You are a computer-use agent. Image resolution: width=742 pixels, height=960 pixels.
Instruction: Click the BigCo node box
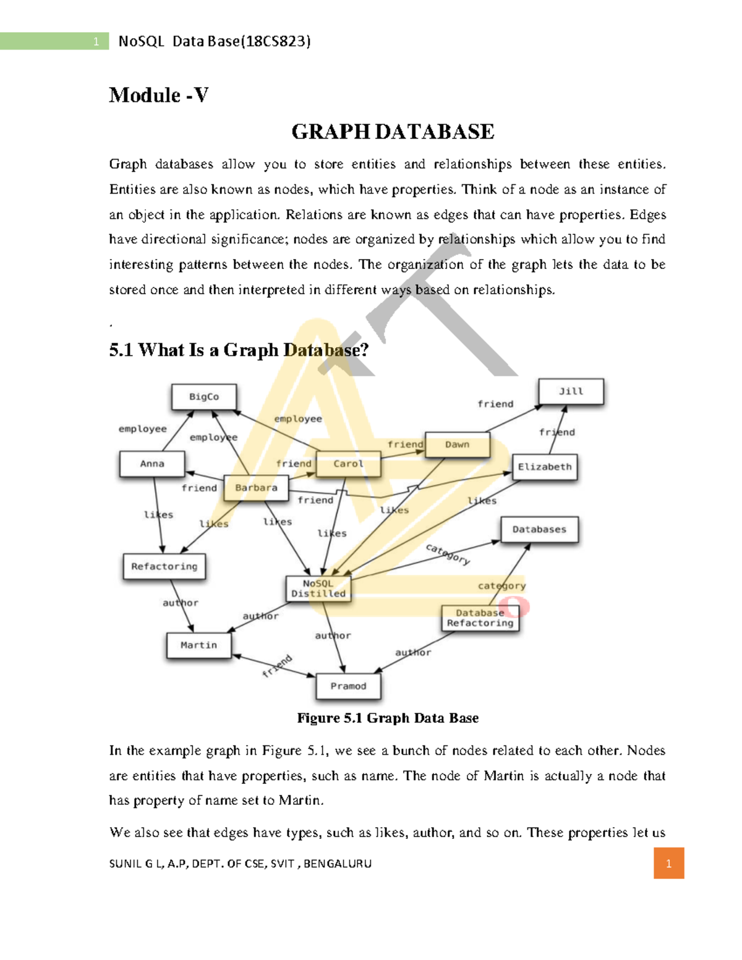point(203,397)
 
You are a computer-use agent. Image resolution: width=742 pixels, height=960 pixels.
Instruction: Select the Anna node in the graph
point(152,464)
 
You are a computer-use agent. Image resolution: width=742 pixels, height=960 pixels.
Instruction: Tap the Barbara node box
point(256,488)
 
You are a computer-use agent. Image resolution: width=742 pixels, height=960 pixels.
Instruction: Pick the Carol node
point(348,464)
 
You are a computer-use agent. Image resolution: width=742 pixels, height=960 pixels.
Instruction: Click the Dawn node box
point(457,444)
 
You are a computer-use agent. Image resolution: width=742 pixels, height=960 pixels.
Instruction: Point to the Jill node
point(571,391)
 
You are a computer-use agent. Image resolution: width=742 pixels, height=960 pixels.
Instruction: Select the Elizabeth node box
point(545,467)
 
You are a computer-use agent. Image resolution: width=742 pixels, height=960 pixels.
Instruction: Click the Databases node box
point(539,530)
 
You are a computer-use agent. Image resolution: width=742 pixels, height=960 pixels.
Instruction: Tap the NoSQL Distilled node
point(318,588)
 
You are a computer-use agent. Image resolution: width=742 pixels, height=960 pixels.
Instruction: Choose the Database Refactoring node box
point(480,618)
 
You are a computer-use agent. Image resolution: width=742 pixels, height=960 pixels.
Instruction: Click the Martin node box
point(198,645)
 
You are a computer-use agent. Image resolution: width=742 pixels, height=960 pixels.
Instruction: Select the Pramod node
point(348,686)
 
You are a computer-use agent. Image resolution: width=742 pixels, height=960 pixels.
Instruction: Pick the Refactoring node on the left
point(164,566)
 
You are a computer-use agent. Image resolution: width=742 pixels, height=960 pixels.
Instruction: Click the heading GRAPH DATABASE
point(393,132)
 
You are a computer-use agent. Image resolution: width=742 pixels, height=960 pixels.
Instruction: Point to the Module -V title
point(159,95)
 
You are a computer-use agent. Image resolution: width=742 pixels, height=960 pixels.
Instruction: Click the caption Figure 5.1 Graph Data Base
point(388,718)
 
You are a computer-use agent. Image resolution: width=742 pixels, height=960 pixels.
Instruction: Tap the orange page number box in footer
point(668,864)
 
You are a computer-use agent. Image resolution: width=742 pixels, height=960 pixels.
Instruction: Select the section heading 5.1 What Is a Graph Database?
point(239,350)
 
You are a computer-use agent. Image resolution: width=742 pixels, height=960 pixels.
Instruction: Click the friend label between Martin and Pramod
point(276,666)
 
